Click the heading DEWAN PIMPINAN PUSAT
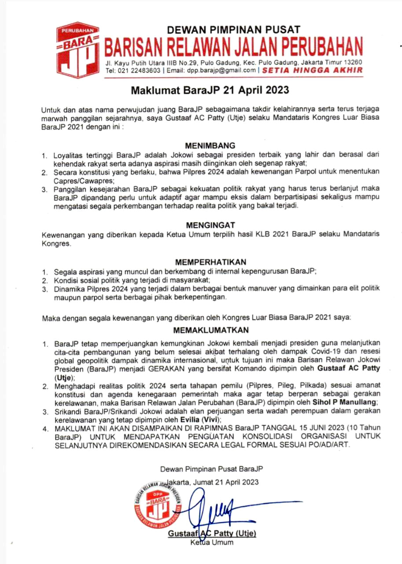click(233, 30)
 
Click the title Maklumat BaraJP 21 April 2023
click(209, 91)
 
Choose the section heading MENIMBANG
click(210, 145)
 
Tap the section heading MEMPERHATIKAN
click(210, 262)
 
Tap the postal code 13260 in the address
click(352, 62)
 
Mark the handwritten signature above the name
click(216, 507)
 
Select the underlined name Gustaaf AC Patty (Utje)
click(212, 534)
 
